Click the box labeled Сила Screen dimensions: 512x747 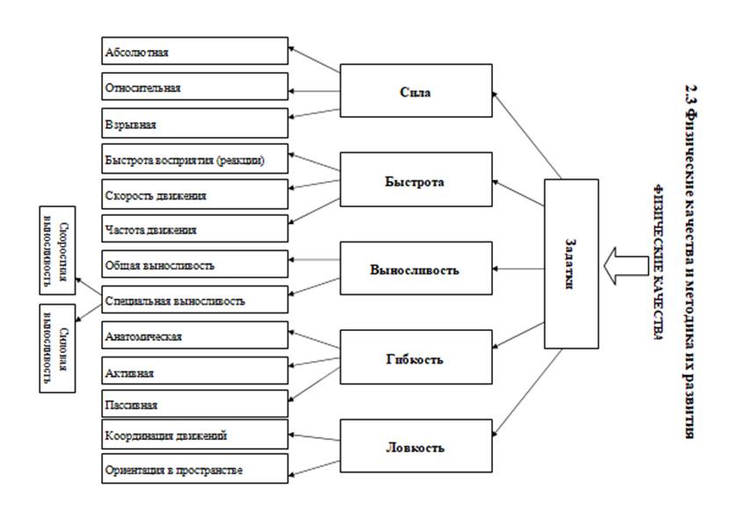[416, 90]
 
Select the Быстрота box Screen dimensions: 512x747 [416, 181]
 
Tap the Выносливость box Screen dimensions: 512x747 [416, 269]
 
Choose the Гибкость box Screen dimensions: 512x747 [416, 359]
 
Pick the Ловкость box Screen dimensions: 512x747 [416, 446]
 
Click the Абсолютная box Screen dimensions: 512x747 [193, 51]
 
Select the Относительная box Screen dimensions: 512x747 [193, 87]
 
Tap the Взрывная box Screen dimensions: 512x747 [193, 123]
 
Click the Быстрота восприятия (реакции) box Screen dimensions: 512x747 [193, 159]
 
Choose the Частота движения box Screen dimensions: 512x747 [193, 229]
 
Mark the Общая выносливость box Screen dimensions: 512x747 [193, 264]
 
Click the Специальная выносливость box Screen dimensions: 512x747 [193, 300]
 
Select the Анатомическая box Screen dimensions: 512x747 [193, 335]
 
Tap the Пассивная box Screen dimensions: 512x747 [193, 404]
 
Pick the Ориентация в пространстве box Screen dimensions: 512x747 [193, 469]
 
